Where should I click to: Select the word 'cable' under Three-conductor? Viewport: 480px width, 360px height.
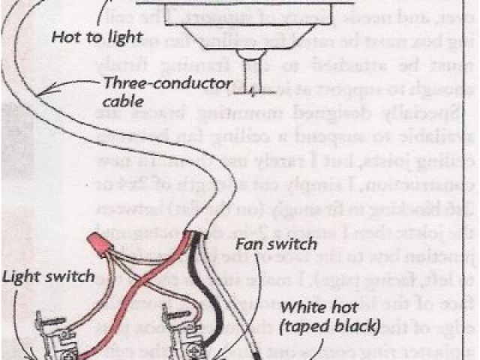(x=123, y=100)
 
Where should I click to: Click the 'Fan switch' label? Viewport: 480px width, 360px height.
(x=276, y=244)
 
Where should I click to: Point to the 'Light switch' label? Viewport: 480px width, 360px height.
(x=48, y=276)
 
